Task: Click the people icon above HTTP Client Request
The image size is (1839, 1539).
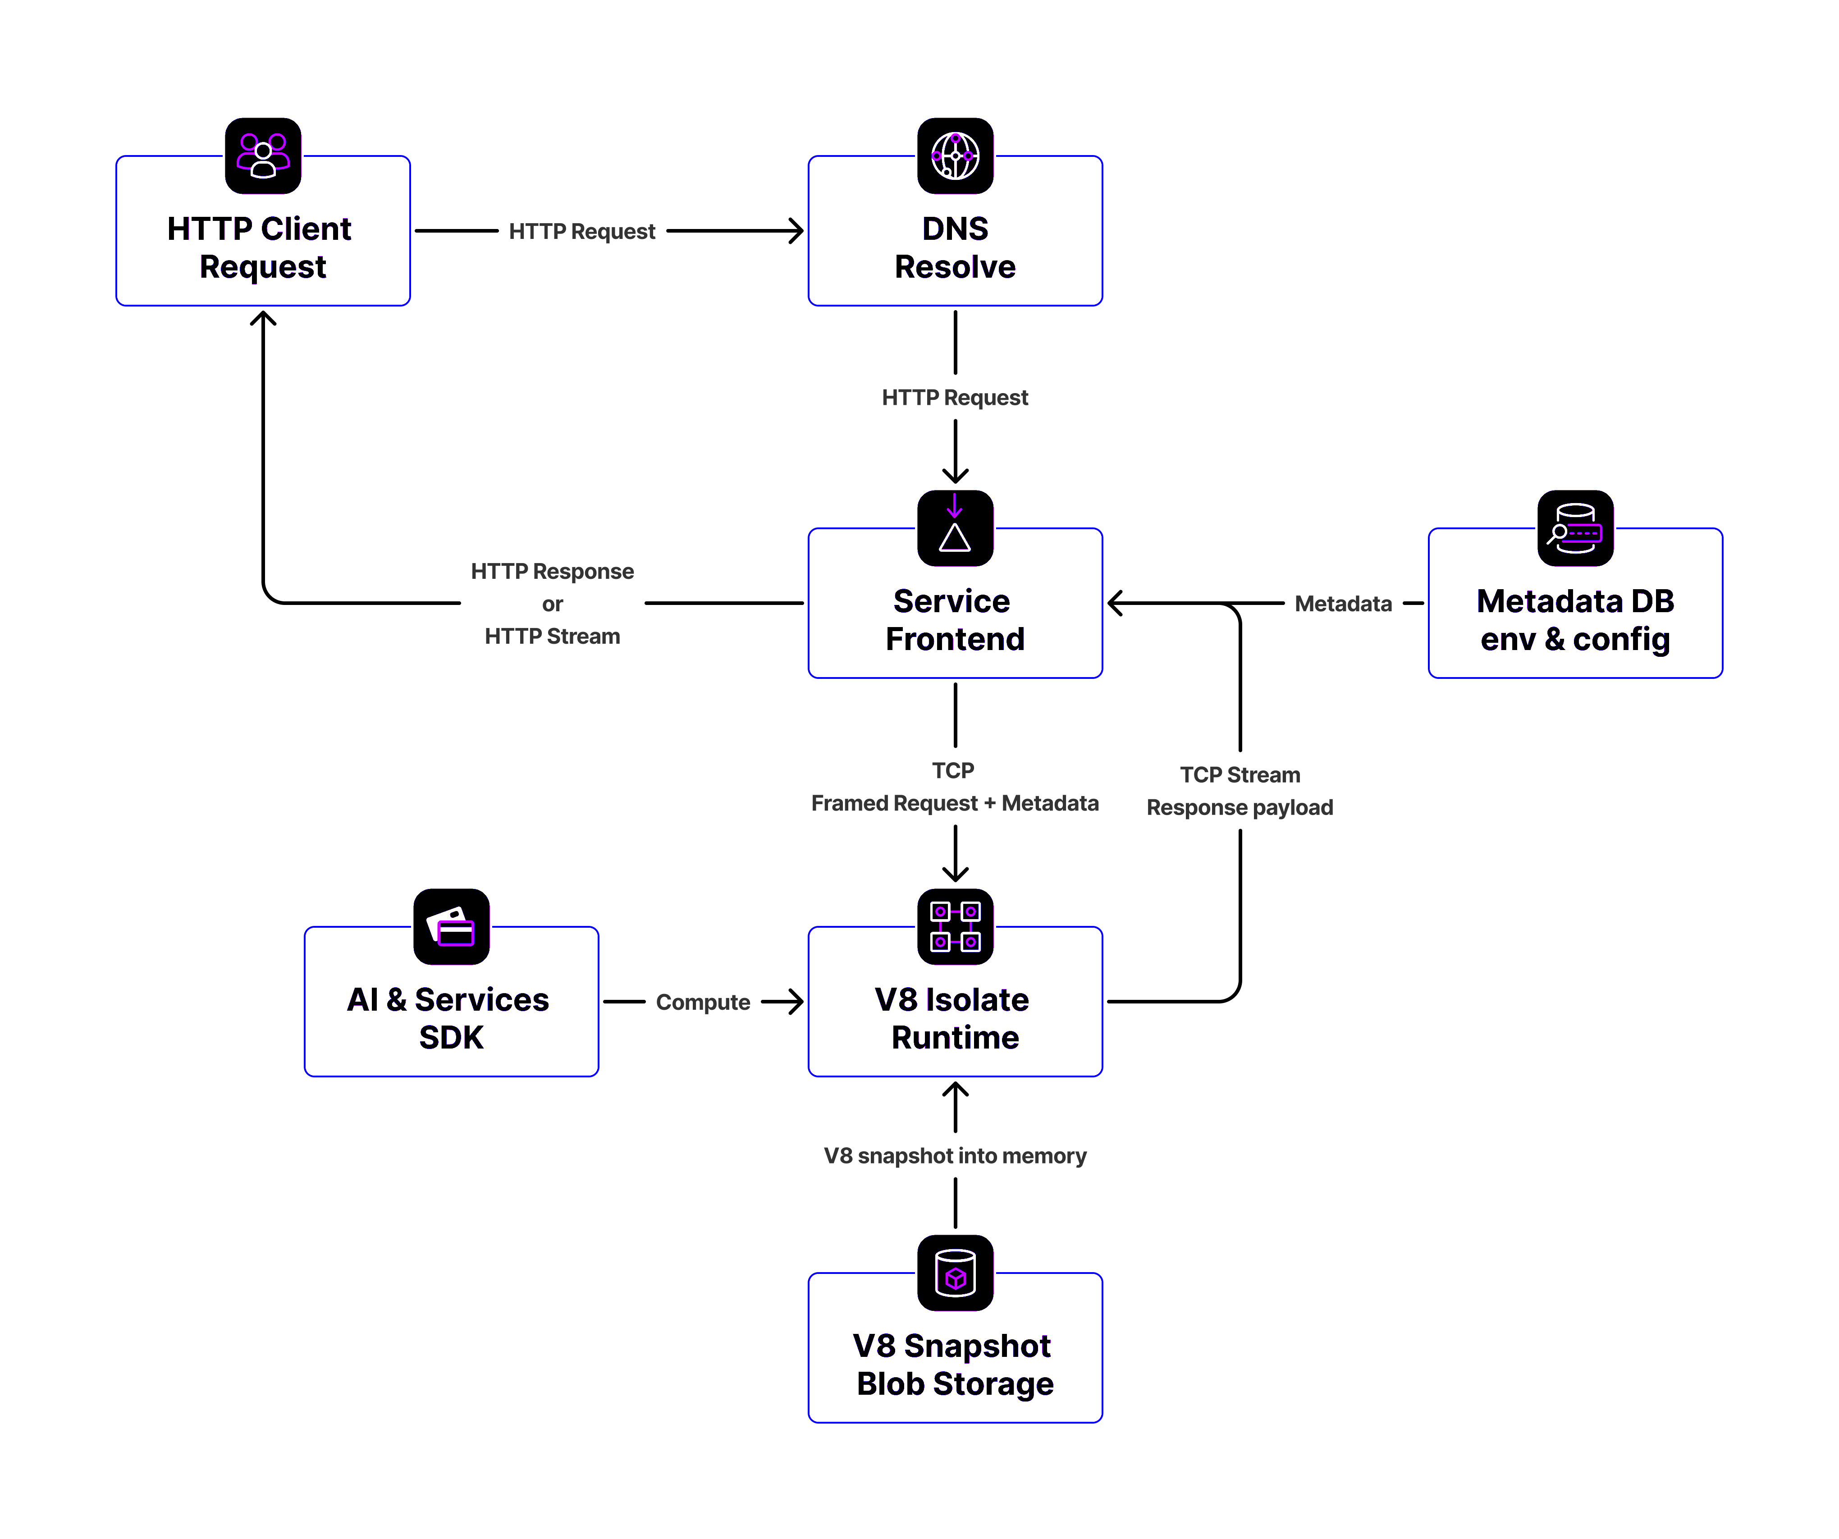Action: click(x=263, y=155)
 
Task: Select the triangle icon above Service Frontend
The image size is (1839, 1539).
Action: click(x=955, y=527)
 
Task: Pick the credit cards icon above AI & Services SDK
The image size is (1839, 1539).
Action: click(x=451, y=926)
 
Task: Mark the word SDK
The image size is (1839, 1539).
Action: click(x=451, y=1037)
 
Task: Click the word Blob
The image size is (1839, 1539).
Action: click(x=890, y=1383)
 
